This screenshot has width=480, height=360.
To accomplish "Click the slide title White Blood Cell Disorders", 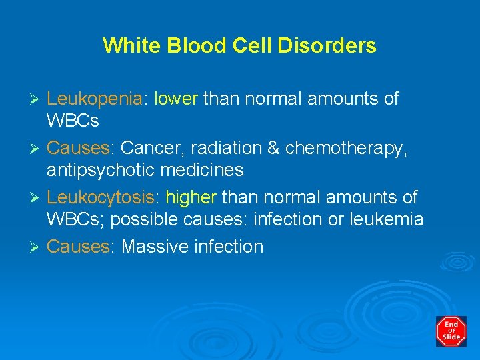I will point(239,45).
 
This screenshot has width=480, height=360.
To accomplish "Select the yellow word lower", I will point(176,99).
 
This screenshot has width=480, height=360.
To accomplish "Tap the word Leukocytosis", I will point(103,198).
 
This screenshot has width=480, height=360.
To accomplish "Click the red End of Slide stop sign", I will point(451,331).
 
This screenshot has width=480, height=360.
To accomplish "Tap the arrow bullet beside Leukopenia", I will point(37,99).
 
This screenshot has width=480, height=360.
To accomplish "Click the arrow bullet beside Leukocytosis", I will point(37,198).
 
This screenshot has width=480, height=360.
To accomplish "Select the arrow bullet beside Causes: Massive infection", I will point(37,247).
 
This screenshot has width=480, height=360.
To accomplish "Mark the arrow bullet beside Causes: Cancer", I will point(37,149).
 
